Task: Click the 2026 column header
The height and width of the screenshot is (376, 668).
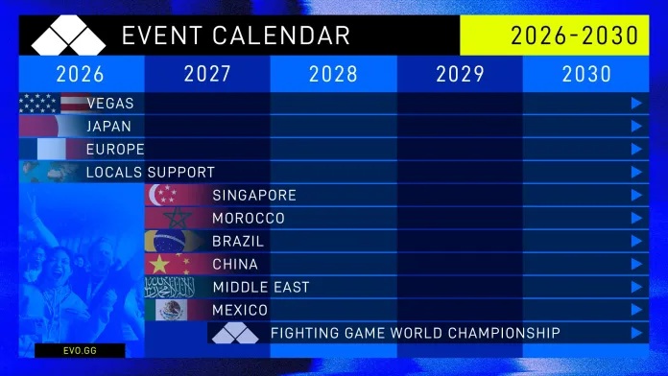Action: click(x=81, y=74)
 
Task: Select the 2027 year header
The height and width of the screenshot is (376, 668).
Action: click(x=207, y=74)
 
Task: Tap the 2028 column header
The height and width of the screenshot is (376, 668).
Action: click(x=333, y=74)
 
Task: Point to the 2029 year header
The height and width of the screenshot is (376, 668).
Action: click(x=460, y=74)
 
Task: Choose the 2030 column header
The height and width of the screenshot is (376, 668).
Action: click(x=586, y=74)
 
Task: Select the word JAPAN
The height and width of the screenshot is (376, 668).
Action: click(x=108, y=127)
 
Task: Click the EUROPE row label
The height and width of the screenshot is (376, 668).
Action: click(x=115, y=150)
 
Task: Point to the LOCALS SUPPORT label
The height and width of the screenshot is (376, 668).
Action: click(x=150, y=173)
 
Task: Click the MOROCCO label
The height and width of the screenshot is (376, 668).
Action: click(x=249, y=219)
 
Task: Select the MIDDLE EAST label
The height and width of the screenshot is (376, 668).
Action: click(x=260, y=288)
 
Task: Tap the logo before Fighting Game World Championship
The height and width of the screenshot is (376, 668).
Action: click(x=235, y=334)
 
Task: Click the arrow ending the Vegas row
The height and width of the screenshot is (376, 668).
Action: click(x=636, y=104)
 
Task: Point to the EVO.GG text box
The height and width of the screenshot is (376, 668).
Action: click(x=80, y=351)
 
